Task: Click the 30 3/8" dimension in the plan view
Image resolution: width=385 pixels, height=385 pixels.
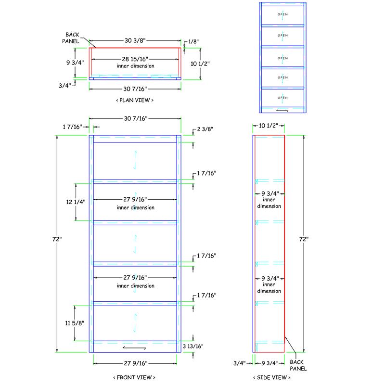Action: point(135,41)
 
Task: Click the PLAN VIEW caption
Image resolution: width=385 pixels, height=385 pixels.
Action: point(135,101)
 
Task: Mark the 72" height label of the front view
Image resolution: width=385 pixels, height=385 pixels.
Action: point(58,239)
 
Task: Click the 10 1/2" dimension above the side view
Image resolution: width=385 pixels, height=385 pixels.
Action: point(269,126)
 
